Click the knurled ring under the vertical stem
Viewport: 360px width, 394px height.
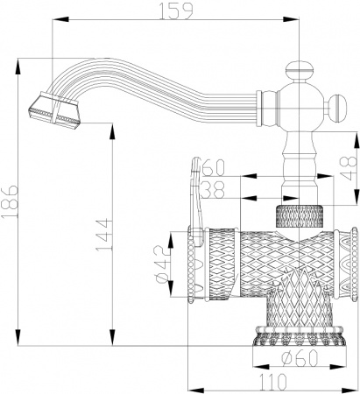(x=299, y=215)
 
